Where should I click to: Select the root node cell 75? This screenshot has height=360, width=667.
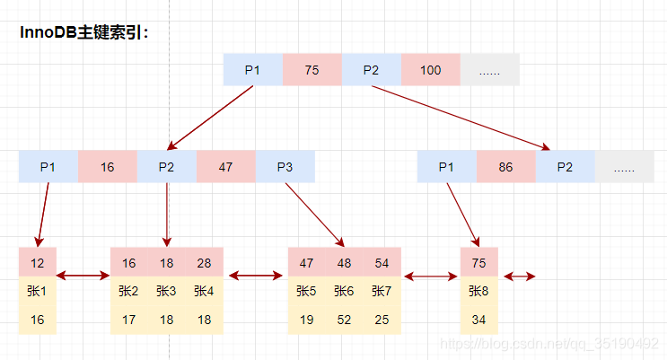point(312,70)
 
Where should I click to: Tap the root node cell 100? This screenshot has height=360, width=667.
point(430,70)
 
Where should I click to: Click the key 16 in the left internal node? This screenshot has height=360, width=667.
point(107,167)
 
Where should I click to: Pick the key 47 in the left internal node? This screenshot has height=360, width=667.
point(225,167)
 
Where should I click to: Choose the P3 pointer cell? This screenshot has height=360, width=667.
point(285,167)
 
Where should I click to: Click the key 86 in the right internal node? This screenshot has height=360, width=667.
point(505,167)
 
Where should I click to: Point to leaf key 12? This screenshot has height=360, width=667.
point(37,263)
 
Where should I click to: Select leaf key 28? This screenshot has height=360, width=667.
point(204,263)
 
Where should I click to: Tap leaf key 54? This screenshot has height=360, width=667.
point(382,263)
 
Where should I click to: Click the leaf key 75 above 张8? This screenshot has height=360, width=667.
point(478,263)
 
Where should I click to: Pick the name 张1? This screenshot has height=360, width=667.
point(37,291)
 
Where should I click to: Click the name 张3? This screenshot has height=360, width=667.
point(166,291)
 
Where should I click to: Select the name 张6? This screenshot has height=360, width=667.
point(344,291)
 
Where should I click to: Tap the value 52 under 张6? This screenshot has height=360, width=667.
point(344,319)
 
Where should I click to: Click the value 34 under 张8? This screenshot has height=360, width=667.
point(478,319)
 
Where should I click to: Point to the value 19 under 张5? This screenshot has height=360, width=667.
point(306,319)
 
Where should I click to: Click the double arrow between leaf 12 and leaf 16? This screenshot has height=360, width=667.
point(83,276)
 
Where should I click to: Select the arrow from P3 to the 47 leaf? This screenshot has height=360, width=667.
point(314,214)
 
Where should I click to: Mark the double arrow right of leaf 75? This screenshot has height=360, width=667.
point(520,276)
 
